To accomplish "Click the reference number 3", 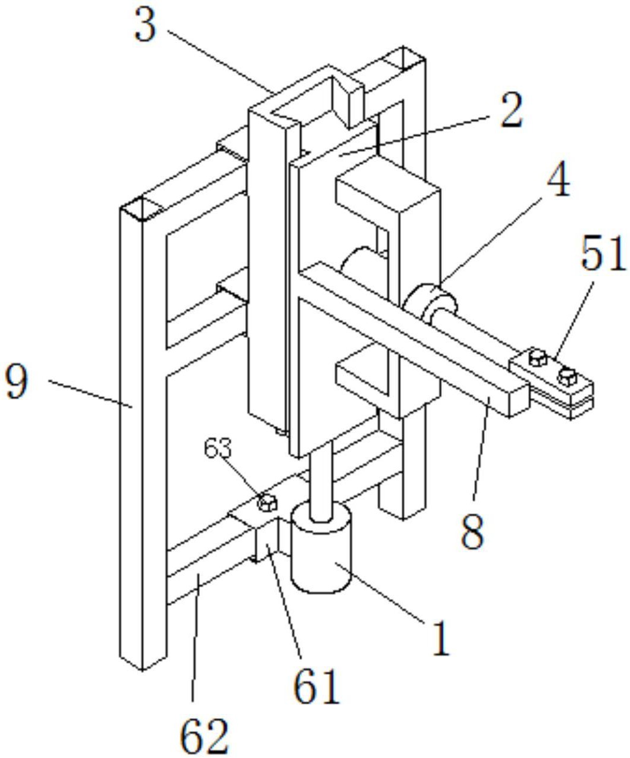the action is (146, 24).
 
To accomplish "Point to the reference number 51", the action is (603, 253).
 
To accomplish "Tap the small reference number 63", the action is (218, 449).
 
